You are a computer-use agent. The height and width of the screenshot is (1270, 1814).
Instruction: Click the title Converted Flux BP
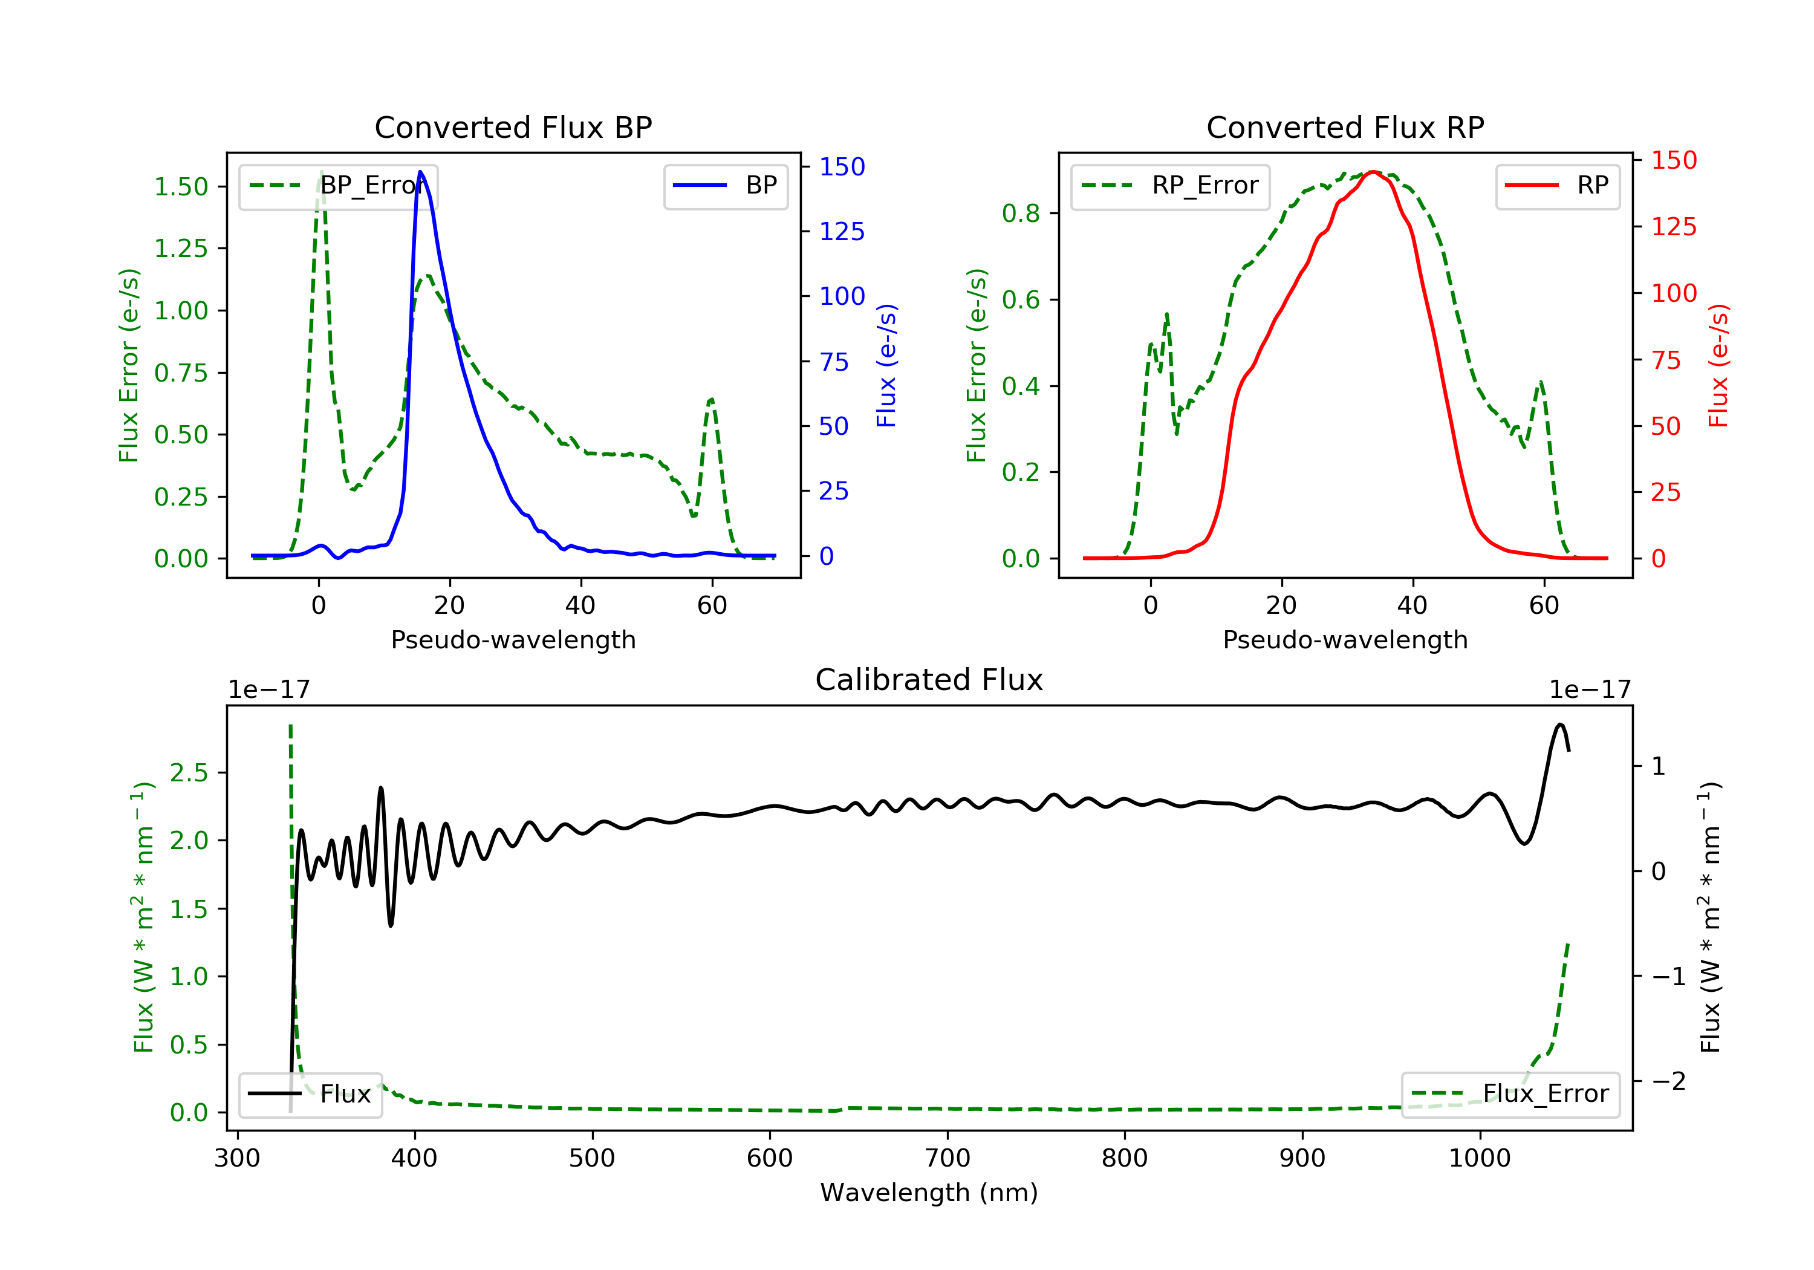pyautogui.click(x=513, y=127)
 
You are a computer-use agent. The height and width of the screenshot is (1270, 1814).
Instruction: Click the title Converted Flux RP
pyautogui.click(x=1345, y=127)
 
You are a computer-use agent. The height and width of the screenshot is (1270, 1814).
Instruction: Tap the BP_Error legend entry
pyautogui.click(x=338, y=186)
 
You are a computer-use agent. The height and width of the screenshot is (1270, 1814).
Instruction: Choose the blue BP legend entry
pyautogui.click(x=725, y=186)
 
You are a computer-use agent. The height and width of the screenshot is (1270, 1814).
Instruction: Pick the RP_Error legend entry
pyautogui.click(x=1169, y=186)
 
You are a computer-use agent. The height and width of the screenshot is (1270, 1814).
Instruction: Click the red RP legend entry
pyautogui.click(x=1557, y=186)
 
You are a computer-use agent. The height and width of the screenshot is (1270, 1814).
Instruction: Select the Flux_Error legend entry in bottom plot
pyautogui.click(x=1510, y=1094)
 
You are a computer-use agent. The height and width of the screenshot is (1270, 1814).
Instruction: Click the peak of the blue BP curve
pyautogui.click(x=420, y=172)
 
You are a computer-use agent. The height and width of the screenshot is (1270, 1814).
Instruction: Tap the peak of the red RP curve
pyautogui.click(x=1373, y=172)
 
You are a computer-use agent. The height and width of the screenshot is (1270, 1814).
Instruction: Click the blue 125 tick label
pyautogui.click(x=842, y=232)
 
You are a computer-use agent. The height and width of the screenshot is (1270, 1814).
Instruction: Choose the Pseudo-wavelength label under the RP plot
pyautogui.click(x=1345, y=639)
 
